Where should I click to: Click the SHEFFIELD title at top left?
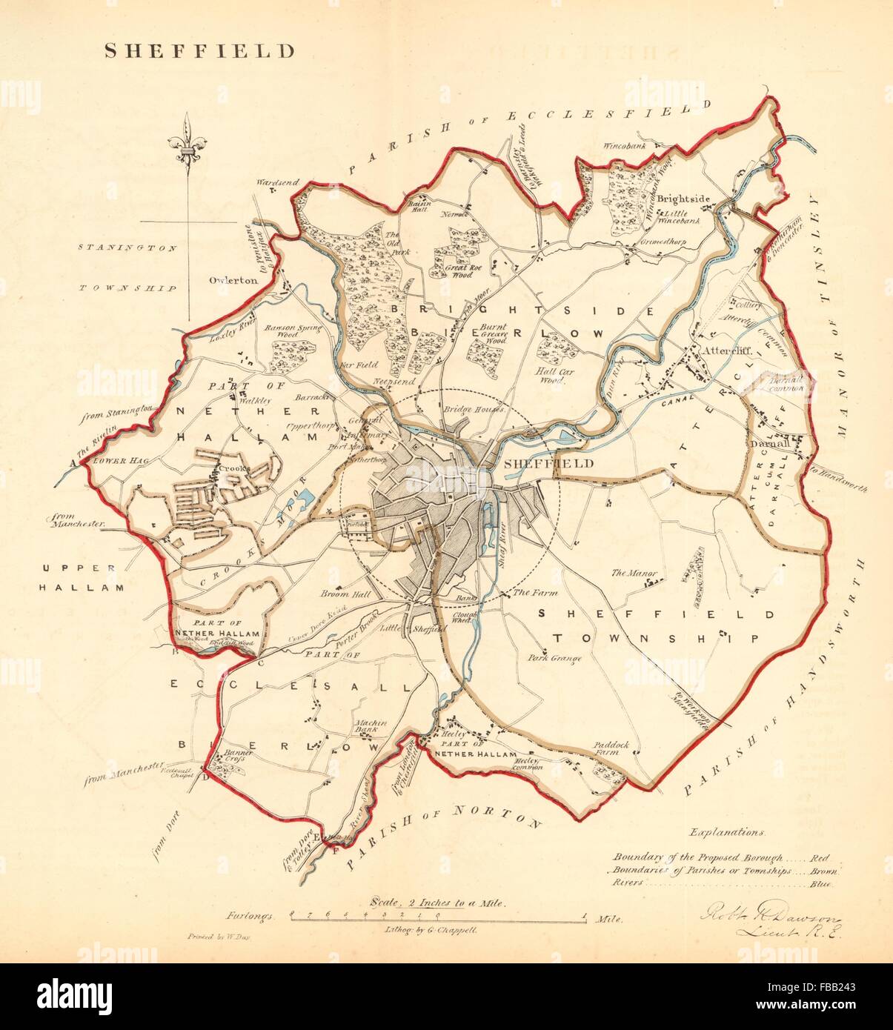click(x=199, y=51)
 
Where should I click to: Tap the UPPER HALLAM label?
click(x=82, y=577)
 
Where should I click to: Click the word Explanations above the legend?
click(x=726, y=832)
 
